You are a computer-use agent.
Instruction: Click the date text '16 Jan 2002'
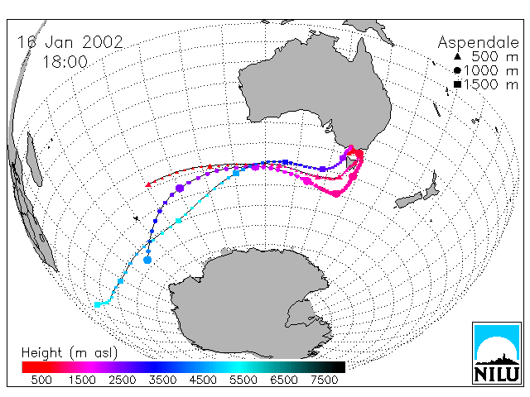(x=70, y=42)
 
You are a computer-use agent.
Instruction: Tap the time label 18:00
(x=65, y=62)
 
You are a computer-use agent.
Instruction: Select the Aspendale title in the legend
(x=478, y=42)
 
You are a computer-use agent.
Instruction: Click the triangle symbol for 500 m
(x=457, y=56)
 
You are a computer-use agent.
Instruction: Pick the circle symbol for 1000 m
(x=457, y=70)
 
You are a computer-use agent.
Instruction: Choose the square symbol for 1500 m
(x=457, y=84)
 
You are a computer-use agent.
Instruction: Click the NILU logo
(x=497, y=353)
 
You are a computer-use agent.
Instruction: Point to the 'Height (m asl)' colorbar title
(x=70, y=353)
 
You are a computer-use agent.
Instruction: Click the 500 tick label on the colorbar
(x=41, y=380)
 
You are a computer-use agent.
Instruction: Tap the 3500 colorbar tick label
(x=162, y=380)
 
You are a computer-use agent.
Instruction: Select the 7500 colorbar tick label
(x=324, y=380)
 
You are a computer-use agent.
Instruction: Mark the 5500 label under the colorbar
(x=243, y=380)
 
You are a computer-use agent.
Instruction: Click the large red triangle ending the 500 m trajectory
(x=147, y=184)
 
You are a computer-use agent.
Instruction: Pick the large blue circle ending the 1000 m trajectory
(x=147, y=260)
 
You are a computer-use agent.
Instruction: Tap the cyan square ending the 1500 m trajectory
(x=98, y=305)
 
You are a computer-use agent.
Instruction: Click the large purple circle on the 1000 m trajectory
(x=180, y=189)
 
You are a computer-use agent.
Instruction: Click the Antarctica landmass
(x=250, y=304)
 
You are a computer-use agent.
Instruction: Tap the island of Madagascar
(x=34, y=159)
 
